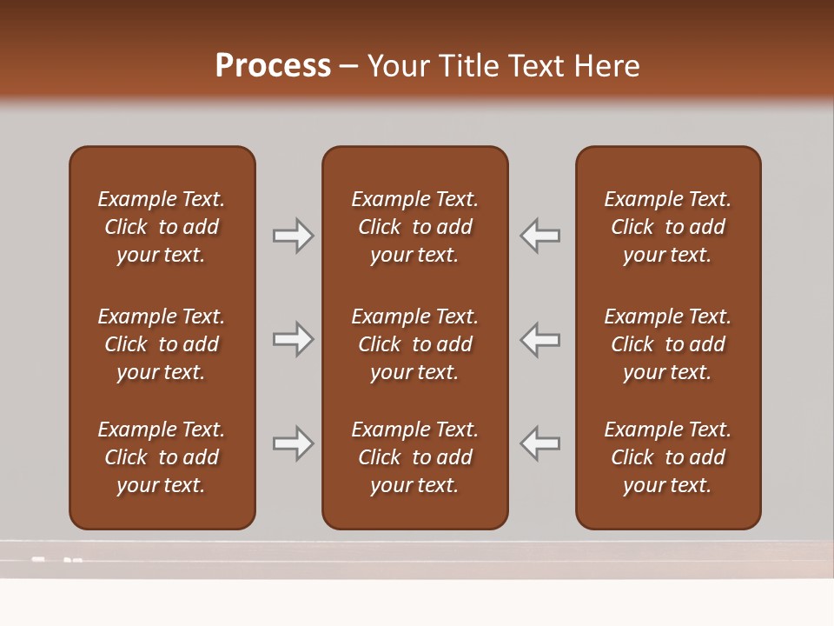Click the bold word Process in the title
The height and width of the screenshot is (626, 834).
273,66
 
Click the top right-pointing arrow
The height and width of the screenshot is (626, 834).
293,236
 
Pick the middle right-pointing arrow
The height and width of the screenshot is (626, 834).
293,339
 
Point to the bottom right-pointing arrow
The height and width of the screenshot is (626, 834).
293,443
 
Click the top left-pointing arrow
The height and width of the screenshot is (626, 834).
540,236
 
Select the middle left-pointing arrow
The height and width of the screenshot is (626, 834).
540,339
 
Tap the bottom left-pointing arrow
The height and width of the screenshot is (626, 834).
540,443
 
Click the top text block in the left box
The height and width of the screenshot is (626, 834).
162,227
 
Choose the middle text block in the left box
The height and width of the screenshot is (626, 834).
162,344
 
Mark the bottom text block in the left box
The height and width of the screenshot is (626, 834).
162,457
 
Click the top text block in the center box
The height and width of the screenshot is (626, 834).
414,227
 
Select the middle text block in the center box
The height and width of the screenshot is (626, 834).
414,344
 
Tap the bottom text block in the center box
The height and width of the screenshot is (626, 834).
414,457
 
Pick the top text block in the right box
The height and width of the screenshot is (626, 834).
667,227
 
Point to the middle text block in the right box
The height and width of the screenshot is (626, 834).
667,344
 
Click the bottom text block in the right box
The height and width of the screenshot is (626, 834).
667,457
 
